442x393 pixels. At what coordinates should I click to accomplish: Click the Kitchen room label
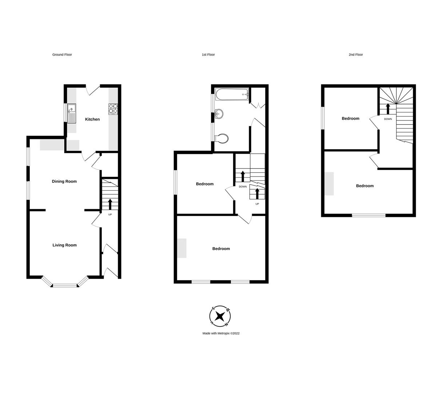(x=92, y=119)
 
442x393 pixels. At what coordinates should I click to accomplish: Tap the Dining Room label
(x=64, y=181)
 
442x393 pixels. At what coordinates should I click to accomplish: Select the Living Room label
(x=64, y=245)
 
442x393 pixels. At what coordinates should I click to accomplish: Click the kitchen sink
(x=72, y=113)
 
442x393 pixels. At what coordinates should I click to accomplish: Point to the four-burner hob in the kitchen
(x=113, y=109)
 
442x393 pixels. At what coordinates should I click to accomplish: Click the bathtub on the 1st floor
(x=232, y=95)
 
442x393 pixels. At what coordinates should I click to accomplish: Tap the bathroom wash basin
(x=220, y=114)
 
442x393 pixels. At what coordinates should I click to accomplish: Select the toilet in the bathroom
(x=222, y=138)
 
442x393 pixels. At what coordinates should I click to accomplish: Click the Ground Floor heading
(x=62, y=55)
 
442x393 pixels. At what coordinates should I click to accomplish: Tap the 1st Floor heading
(x=208, y=55)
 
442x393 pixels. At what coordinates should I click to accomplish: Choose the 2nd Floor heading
(x=356, y=55)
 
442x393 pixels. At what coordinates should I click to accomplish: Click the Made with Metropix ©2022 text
(x=221, y=333)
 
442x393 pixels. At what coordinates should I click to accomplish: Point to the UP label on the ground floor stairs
(x=110, y=215)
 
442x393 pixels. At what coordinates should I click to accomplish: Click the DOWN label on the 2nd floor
(x=388, y=119)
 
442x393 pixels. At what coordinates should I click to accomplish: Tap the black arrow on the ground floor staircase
(x=110, y=204)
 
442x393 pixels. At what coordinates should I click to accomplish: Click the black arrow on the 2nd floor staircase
(x=388, y=108)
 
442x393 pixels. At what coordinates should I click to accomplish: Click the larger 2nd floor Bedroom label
(x=365, y=186)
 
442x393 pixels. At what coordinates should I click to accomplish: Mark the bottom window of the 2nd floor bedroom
(x=369, y=215)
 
